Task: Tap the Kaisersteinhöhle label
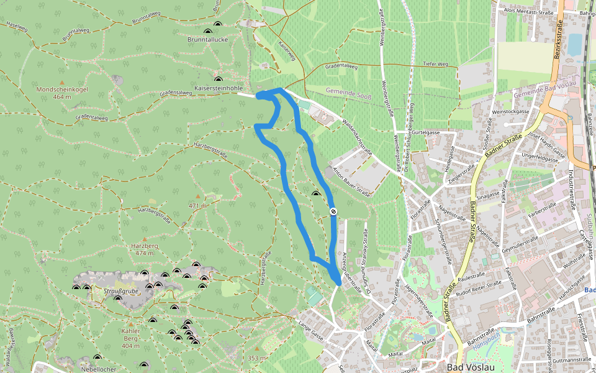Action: pos(219,88)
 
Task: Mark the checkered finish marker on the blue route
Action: pos(333,211)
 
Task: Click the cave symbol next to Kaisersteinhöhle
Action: pos(218,79)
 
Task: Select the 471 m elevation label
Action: pos(197,205)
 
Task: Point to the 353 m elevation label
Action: pos(256,358)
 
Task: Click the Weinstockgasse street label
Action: pos(510,111)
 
